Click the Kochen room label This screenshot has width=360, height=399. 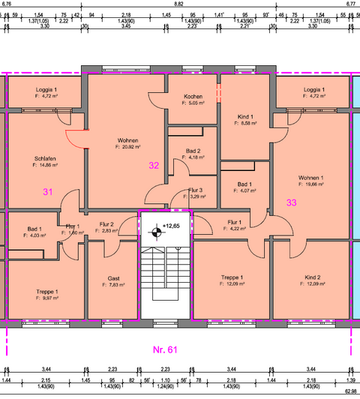click(193, 97)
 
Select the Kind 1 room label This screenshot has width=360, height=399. click(245, 116)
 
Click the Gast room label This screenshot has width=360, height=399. click(113, 277)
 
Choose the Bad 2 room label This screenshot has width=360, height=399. click(193, 150)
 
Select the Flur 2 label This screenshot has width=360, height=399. click(106, 224)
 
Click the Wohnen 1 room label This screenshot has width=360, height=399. click(311, 176)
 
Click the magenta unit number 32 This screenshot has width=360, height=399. click(154, 165)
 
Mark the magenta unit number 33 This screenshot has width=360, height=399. click(292, 202)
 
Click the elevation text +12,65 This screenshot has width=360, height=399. click(172, 225)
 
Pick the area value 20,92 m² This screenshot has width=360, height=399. click(128, 148)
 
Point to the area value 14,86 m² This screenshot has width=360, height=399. click(46, 166)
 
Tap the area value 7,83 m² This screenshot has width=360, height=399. click(114, 285)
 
